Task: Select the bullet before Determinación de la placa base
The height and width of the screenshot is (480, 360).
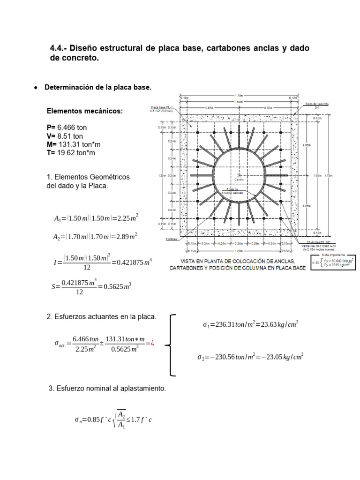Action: (36, 88)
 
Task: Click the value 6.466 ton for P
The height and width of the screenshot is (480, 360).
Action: (73, 127)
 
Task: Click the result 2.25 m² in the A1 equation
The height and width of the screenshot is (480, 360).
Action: (127, 218)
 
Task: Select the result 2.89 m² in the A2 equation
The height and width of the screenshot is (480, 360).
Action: (127, 237)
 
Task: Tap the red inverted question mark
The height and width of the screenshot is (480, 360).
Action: (153, 343)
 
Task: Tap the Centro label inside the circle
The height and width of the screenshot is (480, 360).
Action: (240, 179)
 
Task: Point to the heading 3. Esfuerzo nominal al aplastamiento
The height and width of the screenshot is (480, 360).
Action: (107, 389)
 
